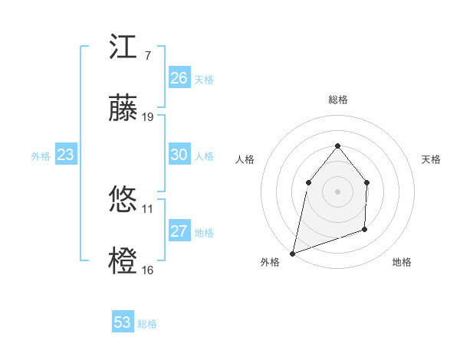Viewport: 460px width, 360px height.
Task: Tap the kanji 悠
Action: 123,201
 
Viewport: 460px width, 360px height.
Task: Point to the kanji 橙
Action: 123,262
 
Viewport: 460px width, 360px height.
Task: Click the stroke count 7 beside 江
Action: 146,56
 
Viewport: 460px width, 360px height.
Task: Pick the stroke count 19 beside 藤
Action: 148,117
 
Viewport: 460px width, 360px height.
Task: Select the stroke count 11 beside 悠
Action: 148,208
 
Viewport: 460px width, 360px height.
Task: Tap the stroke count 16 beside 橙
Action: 148,270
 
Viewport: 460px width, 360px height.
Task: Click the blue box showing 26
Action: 179,78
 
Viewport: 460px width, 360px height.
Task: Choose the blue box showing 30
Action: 179,155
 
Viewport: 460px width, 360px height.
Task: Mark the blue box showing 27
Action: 179,231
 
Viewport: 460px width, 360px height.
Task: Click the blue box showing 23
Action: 66,155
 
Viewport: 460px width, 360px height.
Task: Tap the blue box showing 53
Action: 123,322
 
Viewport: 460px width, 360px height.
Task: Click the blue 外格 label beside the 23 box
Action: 41,156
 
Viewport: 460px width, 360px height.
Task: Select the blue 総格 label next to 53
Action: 147,324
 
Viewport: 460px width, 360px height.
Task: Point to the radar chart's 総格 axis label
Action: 337,100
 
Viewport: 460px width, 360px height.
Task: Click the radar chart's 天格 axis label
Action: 432,159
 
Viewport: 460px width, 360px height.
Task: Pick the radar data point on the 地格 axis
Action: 365,229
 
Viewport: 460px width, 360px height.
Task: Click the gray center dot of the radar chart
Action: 337,191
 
